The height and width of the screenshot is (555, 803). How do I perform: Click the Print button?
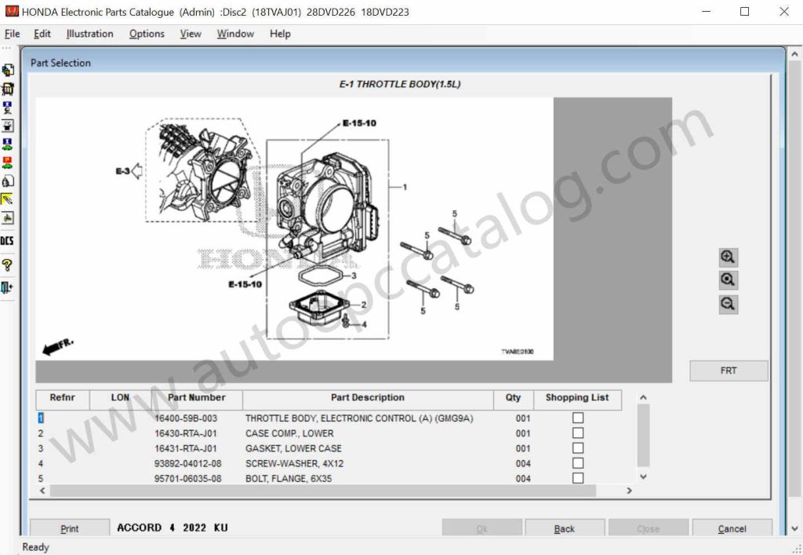pyautogui.click(x=70, y=528)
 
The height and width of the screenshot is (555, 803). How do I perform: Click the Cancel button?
pyautogui.click(x=732, y=528)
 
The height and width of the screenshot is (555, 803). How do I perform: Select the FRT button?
pyautogui.click(x=729, y=371)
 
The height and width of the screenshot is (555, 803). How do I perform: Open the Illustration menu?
pyautogui.click(x=89, y=34)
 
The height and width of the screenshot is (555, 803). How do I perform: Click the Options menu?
pyautogui.click(x=147, y=34)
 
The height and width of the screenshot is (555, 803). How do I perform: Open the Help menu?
pyautogui.click(x=280, y=34)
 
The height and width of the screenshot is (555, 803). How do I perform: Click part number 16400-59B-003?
pyautogui.click(x=186, y=418)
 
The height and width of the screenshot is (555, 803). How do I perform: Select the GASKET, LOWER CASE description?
pyautogui.click(x=293, y=448)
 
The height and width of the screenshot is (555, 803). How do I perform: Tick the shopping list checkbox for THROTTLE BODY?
pyautogui.click(x=578, y=418)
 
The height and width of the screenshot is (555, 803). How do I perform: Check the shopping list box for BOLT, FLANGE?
pyautogui.click(x=578, y=478)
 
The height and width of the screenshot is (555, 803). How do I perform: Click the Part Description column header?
pyautogui.click(x=368, y=398)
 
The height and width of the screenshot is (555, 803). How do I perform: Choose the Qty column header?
pyautogui.click(x=513, y=398)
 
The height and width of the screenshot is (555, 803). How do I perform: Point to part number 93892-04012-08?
pyautogui.click(x=187, y=463)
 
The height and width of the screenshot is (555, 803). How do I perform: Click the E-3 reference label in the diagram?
pyautogui.click(x=123, y=170)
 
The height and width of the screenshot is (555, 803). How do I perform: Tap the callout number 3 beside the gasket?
pyautogui.click(x=354, y=276)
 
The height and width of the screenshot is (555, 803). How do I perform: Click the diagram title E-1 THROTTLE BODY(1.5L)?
pyautogui.click(x=400, y=84)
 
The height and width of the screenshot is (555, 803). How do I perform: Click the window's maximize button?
pyautogui.click(x=744, y=12)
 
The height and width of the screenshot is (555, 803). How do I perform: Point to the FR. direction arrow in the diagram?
pyautogui.click(x=57, y=346)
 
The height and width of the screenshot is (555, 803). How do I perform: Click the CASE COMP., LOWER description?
pyautogui.click(x=289, y=433)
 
